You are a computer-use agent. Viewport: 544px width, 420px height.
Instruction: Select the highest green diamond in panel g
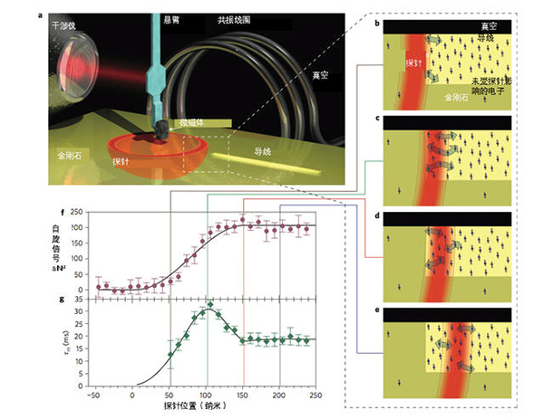point(210,304)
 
